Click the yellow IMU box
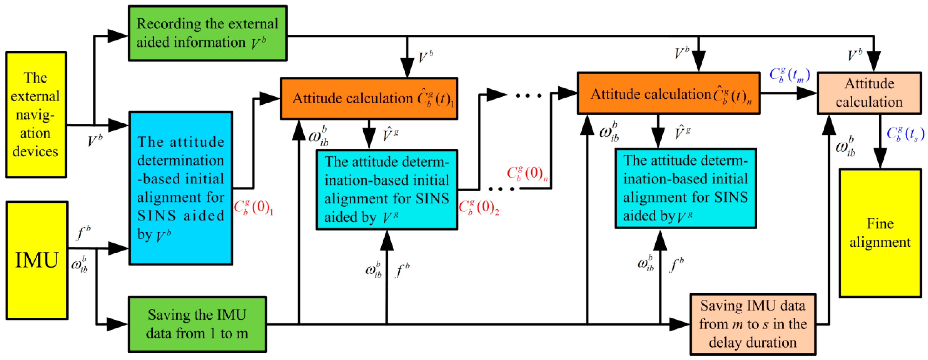click(37, 260)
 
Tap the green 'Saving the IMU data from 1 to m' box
click(197, 324)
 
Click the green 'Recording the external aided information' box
click(208, 33)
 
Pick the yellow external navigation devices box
click(36, 115)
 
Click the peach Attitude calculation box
click(869, 93)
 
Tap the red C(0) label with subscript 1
click(253, 207)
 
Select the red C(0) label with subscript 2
click(478, 207)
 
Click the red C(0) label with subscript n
click(527, 173)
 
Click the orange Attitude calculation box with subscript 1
click(369, 98)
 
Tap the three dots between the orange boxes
click(528, 96)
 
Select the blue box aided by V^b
click(181, 188)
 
